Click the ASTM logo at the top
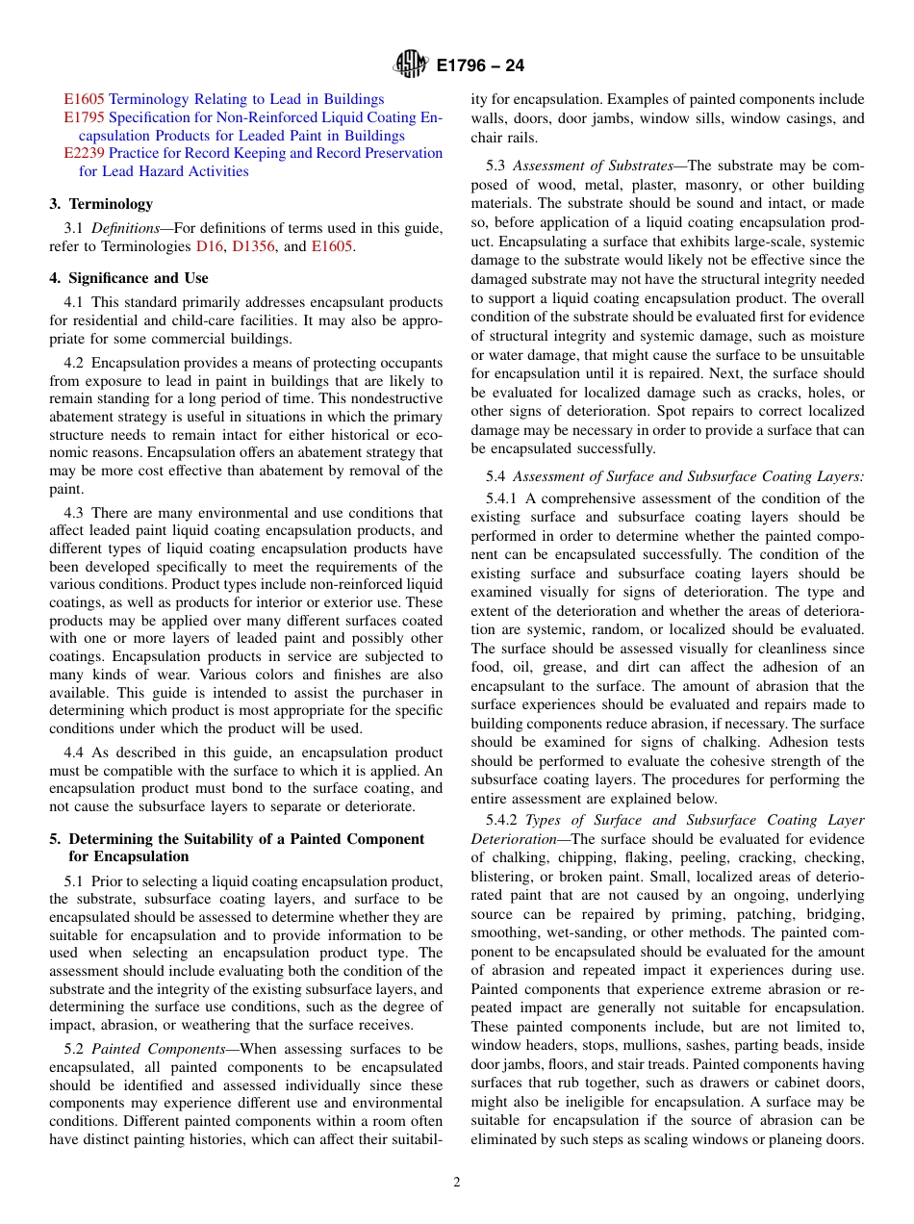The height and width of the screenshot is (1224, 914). click(411, 65)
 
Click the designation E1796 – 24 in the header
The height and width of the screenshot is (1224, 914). click(480, 66)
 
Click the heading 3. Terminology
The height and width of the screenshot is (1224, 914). click(101, 204)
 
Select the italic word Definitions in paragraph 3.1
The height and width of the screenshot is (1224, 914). click(130, 228)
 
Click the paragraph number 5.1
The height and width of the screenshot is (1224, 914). click(75, 881)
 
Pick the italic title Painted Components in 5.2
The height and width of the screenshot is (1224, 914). click(156, 1049)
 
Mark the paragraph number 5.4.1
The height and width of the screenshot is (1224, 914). click(504, 498)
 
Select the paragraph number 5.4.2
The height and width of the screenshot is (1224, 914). click(504, 820)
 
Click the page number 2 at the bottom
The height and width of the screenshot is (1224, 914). click(457, 1183)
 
